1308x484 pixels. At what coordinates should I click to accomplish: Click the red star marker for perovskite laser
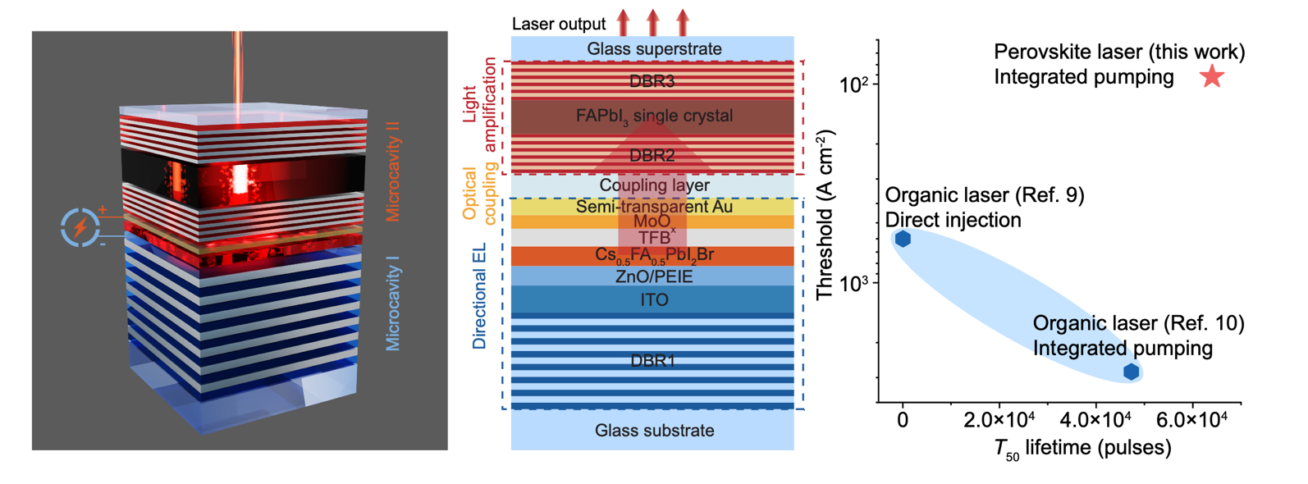pos(1212,77)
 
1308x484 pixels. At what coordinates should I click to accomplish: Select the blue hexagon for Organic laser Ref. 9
pos(903,239)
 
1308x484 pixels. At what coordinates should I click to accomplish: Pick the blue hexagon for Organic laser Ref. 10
pos(1131,372)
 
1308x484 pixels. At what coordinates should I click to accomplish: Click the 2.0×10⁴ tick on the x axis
pos(999,419)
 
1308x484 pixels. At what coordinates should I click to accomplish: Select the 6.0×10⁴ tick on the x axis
pos(1191,419)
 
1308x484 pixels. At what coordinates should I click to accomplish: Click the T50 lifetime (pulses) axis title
pos(1082,448)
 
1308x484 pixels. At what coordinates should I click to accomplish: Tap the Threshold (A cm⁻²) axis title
pos(826,214)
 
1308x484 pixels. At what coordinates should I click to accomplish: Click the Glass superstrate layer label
pos(654,49)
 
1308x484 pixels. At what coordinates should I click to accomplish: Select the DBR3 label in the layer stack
pos(653,81)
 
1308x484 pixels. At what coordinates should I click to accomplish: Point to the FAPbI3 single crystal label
pos(654,116)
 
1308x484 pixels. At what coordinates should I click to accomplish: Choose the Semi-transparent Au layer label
pos(654,207)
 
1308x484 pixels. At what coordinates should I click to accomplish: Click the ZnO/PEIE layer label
pos(654,276)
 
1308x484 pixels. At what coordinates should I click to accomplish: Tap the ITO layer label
pos(654,300)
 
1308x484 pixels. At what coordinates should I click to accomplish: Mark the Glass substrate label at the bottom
pos(654,431)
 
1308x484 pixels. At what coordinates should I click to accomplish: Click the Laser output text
pos(559,24)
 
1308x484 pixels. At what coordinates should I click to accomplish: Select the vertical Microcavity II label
pos(393,171)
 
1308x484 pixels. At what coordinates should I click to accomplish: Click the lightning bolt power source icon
pos(80,227)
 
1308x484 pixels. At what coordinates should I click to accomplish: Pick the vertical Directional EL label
pos(480,296)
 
